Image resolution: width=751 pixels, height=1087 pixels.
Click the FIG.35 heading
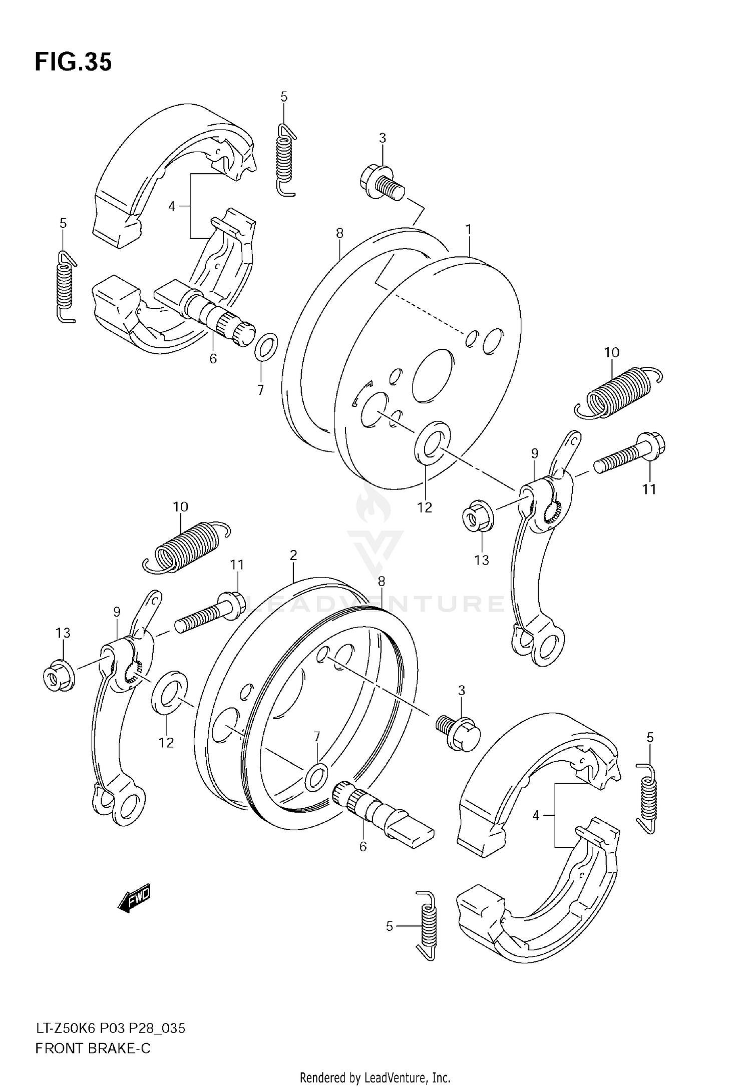pos(73,62)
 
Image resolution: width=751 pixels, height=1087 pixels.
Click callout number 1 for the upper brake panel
pos(468,230)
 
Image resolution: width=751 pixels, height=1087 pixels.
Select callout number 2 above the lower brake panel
pos(293,555)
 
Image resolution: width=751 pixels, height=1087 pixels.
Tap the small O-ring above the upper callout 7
pos(266,345)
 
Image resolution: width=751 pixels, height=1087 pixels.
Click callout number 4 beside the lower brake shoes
pos(536,816)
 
